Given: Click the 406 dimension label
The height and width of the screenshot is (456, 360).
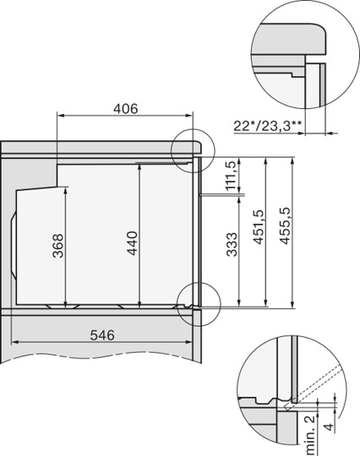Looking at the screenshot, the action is [125, 109].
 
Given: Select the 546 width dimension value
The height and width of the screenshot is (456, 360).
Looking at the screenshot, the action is [102, 335].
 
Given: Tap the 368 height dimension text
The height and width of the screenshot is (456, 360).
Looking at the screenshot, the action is [58, 246].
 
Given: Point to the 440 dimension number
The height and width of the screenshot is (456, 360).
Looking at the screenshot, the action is [133, 243].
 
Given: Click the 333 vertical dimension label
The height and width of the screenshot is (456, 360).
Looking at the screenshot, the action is [232, 244].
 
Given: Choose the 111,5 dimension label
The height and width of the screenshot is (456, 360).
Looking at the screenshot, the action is [231, 176].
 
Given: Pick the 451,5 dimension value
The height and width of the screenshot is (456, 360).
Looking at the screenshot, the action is [259, 227].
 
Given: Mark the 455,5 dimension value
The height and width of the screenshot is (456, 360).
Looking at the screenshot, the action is [285, 225].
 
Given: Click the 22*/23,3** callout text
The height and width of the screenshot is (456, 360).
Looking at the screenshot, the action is [267, 126].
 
